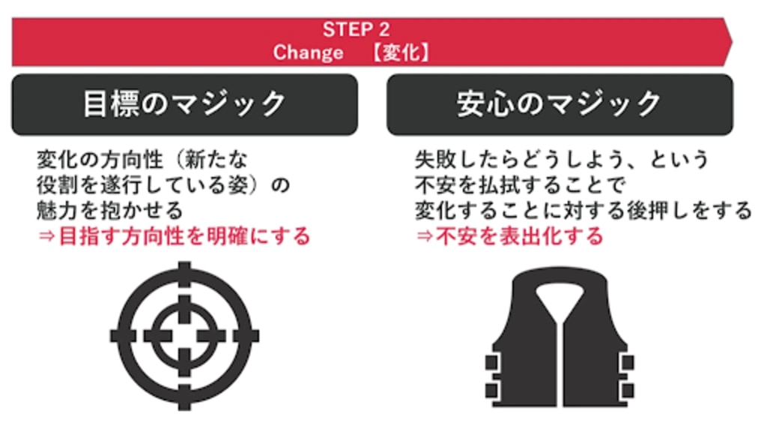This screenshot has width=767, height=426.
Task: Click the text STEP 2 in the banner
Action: tap(356, 29)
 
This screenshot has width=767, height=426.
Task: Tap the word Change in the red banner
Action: tap(308, 52)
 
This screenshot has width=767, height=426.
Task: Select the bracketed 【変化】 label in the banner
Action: tap(401, 52)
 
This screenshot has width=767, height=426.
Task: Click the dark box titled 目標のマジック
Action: tap(185, 104)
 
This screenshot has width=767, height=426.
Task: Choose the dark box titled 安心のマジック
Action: tap(560, 104)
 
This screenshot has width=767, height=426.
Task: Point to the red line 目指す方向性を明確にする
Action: tap(174, 236)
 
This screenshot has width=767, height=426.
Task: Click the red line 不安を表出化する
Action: tap(509, 236)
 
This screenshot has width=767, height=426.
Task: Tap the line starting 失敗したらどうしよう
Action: tap(562, 160)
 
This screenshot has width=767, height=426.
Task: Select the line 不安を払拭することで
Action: tap(520, 185)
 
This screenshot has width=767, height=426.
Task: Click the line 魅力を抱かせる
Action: tap(110, 211)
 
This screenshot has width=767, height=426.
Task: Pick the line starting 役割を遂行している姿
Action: tap(163, 185)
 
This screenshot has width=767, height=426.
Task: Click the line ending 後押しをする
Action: tap(583, 211)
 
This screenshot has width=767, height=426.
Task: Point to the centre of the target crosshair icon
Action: tap(184, 336)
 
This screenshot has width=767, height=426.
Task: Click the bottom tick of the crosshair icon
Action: tap(184, 397)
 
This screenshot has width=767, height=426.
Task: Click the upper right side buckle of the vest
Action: tap(627, 363)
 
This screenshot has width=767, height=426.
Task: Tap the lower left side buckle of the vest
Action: tap(492, 390)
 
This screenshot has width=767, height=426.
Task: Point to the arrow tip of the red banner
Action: tap(733, 42)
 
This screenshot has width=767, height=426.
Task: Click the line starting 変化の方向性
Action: tap(142, 160)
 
